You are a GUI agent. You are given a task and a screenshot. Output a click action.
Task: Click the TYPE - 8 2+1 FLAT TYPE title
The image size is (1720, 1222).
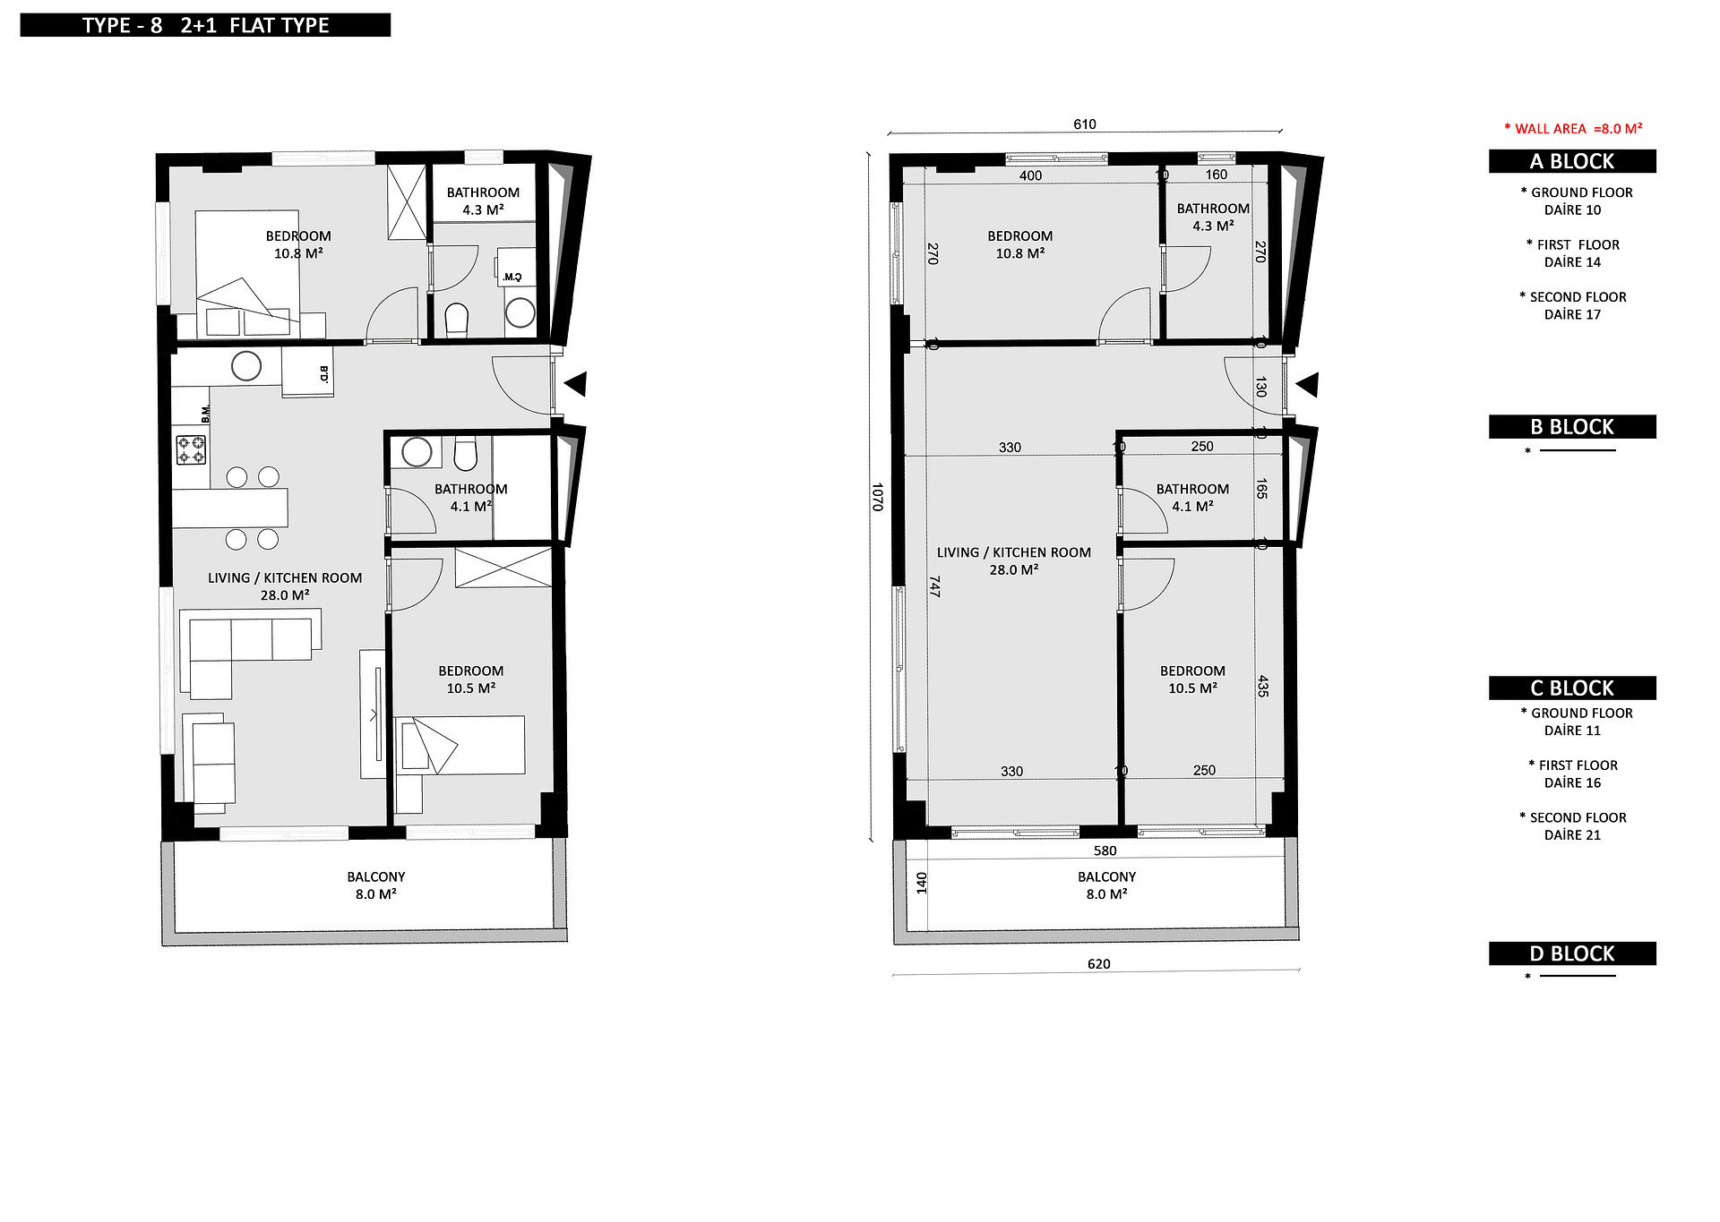click(205, 25)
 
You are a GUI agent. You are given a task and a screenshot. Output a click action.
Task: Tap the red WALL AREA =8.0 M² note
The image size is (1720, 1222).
click(1573, 129)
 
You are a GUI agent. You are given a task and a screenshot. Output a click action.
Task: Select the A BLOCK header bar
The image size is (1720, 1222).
click(1572, 161)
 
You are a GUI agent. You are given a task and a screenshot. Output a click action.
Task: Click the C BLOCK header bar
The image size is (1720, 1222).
click(1572, 688)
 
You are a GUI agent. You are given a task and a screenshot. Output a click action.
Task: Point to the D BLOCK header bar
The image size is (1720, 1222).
click(1572, 953)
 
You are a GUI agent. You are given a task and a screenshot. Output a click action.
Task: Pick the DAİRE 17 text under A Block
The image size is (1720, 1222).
click(1572, 314)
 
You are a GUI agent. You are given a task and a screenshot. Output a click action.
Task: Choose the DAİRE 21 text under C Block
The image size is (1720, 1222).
click(1572, 835)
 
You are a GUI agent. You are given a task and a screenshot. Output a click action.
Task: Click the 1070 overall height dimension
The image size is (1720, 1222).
click(878, 497)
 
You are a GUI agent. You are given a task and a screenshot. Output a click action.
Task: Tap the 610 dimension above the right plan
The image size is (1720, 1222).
click(1085, 124)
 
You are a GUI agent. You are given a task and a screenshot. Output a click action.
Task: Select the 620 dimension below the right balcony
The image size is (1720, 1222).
click(1098, 964)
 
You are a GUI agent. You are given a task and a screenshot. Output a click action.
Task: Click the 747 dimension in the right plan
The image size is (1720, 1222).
click(934, 586)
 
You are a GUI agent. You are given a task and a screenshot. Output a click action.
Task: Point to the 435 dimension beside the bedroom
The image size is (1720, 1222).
click(1263, 687)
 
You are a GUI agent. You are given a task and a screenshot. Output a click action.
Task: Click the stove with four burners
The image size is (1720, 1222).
click(191, 449)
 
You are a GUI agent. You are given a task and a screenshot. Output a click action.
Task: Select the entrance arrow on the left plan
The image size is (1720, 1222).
click(575, 384)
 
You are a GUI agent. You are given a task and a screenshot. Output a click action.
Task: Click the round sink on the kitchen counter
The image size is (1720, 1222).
click(246, 366)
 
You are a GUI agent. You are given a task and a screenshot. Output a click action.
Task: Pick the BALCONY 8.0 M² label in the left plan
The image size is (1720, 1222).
click(376, 885)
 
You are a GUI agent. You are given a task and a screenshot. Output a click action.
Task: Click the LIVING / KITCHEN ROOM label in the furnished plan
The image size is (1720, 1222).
click(285, 577)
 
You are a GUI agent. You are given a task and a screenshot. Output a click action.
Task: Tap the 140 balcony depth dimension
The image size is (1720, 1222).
click(922, 884)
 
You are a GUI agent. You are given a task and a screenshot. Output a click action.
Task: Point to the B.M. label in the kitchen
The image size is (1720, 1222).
click(205, 414)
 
